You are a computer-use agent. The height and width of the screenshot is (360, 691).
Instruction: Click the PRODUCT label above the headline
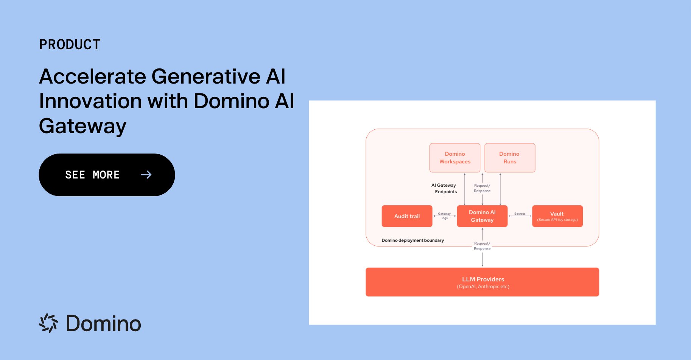pyautogui.click(x=70, y=45)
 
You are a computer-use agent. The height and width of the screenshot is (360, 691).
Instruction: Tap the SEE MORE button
pyautogui.click(x=107, y=175)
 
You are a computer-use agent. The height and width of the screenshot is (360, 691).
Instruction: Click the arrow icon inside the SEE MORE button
pyautogui.click(x=146, y=175)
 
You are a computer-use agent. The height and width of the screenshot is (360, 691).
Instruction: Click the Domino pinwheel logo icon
pyautogui.click(x=49, y=323)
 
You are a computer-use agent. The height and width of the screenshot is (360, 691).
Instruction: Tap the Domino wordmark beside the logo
pyautogui.click(x=103, y=324)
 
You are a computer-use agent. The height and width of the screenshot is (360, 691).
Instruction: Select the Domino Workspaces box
pyautogui.click(x=455, y=158)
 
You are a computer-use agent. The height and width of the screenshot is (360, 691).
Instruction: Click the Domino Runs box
pyautogui.click(x=510, y=158)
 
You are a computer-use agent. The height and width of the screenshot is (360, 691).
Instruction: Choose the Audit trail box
pyautogui.click(x=407, y=216)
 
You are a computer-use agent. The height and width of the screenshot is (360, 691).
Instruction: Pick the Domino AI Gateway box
pyautogui.click(x=482, y=216)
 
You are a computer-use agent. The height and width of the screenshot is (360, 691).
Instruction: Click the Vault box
pyautogui.click(x=557, y=216)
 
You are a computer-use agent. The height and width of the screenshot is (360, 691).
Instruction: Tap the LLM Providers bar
pyautogui.click(x=482, y=282)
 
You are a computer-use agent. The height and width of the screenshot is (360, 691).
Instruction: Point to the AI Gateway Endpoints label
pyautogui.click(x=444, y=188)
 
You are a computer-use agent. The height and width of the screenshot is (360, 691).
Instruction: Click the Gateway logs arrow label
pyautogui.click(x=444, y=216)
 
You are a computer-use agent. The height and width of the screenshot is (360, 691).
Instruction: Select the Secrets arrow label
pyautogui.click(x=520, y=214)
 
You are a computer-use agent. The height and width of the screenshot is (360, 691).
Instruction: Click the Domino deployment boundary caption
pyautogui.click(x=412, y=240)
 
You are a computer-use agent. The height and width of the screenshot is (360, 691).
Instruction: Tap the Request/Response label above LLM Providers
pyautogui.click(x=482, y=246)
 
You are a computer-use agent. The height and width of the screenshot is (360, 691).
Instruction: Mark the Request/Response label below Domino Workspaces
pyautogui.click(x=482, y=188)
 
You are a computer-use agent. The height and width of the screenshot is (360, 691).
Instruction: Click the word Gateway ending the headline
pyautogui.click(x=83, y=127)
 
